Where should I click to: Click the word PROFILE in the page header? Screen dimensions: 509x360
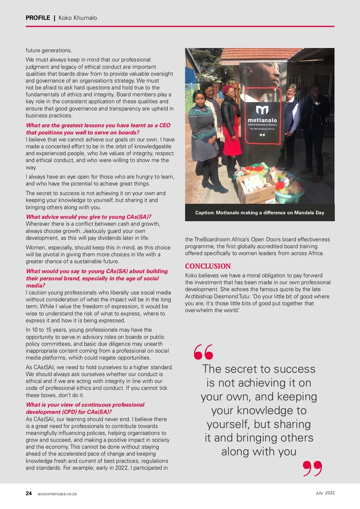[x=38, y=18]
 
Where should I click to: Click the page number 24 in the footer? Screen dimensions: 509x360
[x=29, y=493]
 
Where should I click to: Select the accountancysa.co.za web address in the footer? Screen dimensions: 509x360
[x=57, y=494]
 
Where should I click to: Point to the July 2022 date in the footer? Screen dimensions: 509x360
[x=325, y=493]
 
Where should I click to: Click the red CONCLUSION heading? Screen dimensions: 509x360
[x=208, y=266]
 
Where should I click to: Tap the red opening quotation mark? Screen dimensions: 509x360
[x=203, y=352]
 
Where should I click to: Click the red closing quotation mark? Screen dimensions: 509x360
[x=312, y=468]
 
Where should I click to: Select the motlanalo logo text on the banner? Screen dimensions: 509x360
[x=262, y=120]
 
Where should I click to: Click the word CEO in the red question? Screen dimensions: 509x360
[x=165, y=125]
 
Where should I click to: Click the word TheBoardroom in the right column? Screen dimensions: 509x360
[x=212, y=239]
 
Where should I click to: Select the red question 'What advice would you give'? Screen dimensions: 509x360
[x=88, y=217]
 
